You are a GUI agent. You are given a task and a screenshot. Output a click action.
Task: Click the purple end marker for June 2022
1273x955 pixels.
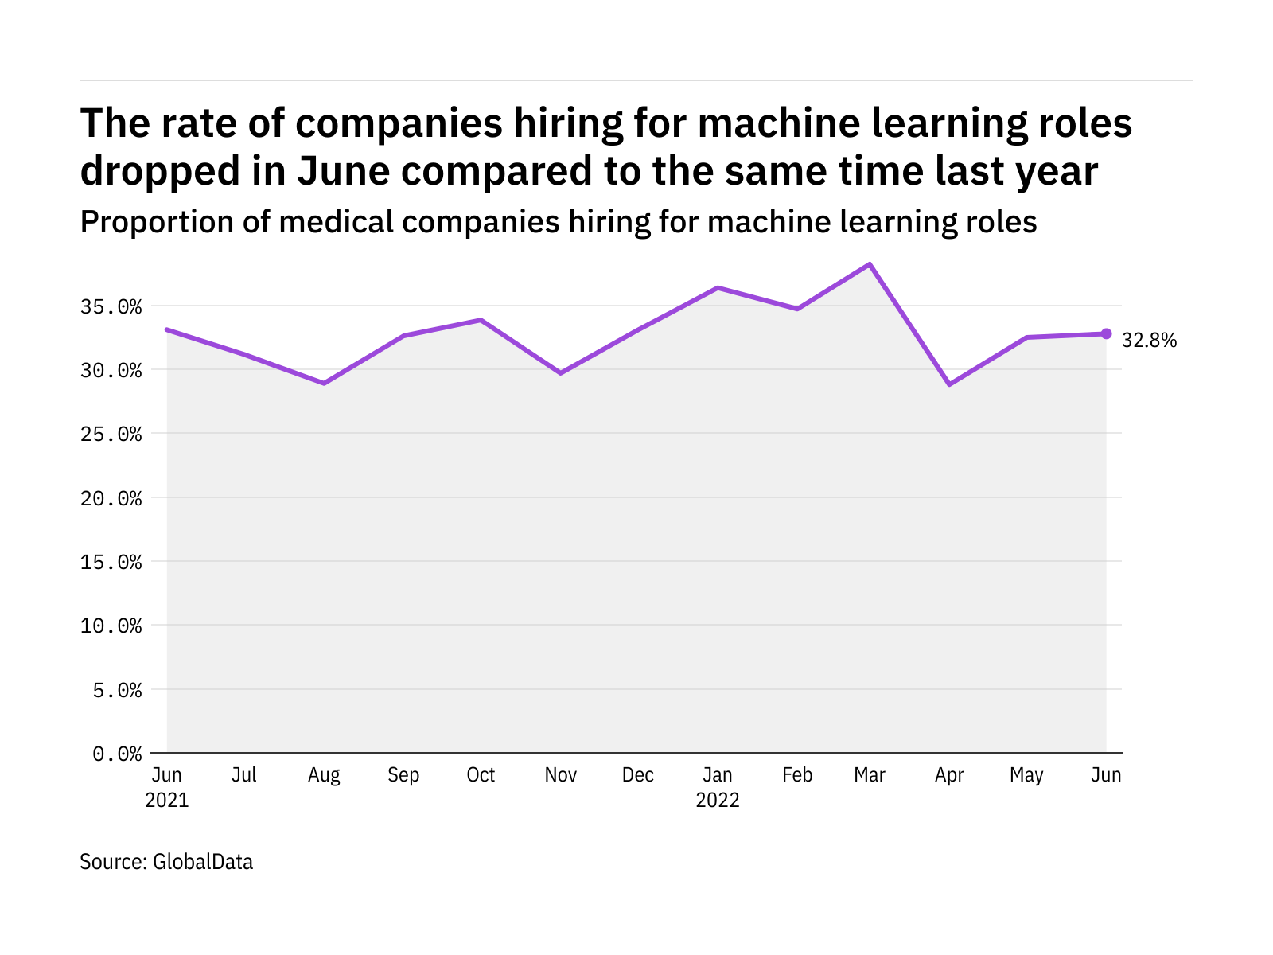click(1106, 333)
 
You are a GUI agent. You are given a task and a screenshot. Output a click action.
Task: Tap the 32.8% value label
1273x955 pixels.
click(1149, 341)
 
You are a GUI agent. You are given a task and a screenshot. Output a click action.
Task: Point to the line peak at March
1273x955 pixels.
click(870, 264)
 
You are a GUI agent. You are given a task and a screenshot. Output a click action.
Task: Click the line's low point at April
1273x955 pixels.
click(949, 384)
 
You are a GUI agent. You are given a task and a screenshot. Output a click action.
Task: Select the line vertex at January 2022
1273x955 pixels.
click(718, 287)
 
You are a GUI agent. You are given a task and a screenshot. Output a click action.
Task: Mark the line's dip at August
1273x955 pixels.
click(324, 384)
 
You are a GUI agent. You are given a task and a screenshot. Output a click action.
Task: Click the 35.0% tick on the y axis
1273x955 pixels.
click(111, 306)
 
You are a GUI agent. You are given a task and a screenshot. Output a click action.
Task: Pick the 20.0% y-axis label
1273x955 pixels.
click(111, 498)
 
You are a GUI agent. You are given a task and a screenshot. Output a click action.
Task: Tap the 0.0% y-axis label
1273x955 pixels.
click(117, 754)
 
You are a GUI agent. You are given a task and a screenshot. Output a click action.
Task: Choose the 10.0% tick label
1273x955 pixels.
click(111, 626)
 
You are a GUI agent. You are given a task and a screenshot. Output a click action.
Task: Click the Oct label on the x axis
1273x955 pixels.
click(481, 775)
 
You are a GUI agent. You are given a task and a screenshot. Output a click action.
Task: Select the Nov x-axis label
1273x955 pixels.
click(560, 775)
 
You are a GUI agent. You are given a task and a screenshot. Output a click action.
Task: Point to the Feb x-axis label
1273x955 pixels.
click(797, 775)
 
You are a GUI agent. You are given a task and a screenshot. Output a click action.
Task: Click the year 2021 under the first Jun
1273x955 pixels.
click(167, 800)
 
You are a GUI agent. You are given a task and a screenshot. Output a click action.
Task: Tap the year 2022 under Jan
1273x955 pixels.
click(718, 800)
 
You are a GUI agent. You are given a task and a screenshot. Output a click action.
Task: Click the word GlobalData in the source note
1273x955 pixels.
click(203, 862)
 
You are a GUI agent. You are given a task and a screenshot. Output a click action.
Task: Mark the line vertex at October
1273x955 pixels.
click(481, 320)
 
